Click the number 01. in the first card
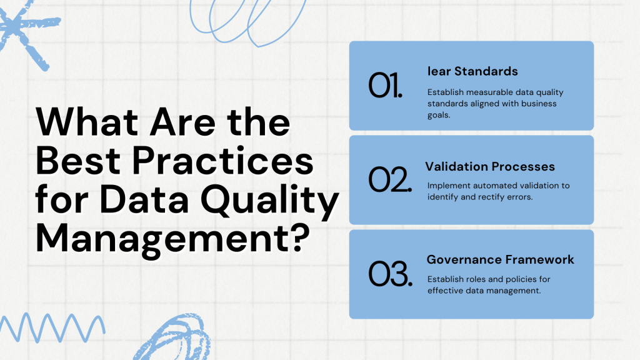385,86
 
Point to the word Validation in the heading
456,167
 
